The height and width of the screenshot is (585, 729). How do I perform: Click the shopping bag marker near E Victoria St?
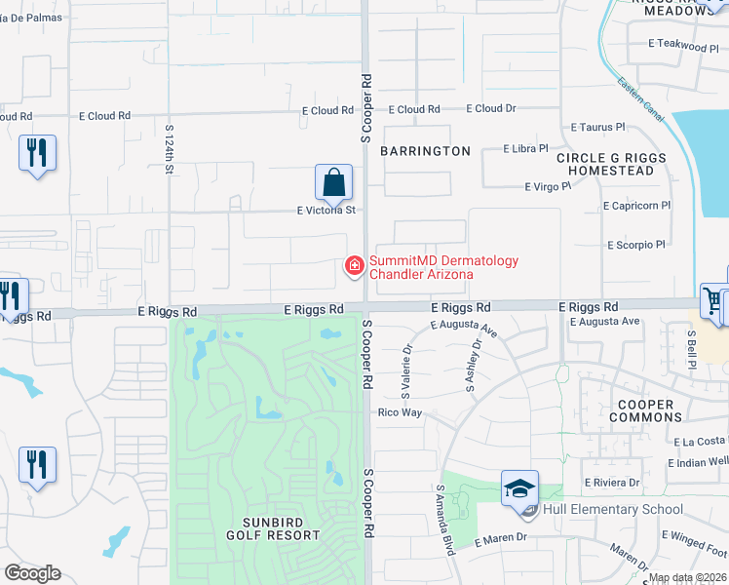[333, 182]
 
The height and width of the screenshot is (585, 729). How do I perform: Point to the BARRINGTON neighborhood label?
[425, 151]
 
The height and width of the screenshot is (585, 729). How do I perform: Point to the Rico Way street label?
[400, 412]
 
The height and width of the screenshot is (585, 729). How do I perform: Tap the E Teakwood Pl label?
[682, 46]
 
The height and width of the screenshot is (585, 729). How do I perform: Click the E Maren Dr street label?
[501, 538]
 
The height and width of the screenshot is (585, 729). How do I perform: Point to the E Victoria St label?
[326, 210]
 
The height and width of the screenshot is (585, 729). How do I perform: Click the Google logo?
[32, 573]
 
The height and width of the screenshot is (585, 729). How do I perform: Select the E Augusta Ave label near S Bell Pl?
[604, 321]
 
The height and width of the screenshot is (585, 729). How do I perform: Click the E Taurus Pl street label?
[597, 127]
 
